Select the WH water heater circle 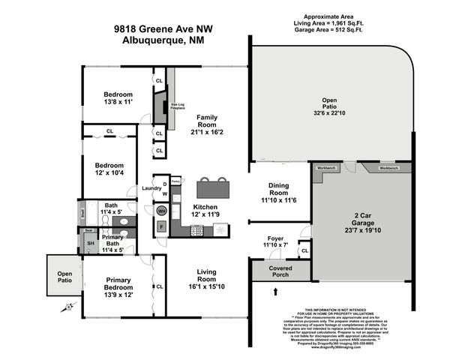click(160, 211)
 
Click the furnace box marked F click(160, 227)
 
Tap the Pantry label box click(175, 181)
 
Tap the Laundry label click(153, 187)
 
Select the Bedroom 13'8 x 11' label click(118, 98)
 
